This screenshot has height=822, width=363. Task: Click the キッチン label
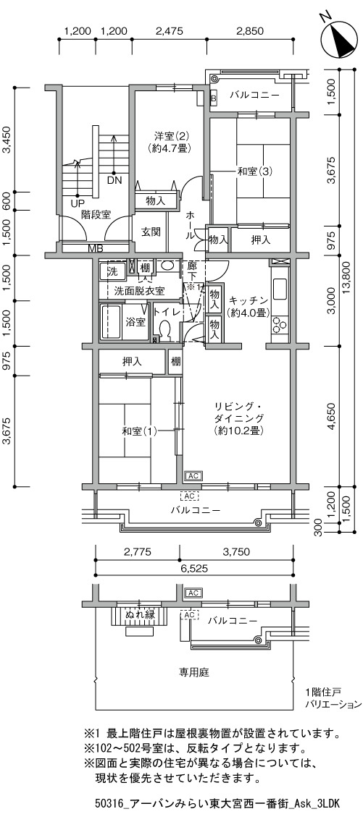[249, 300]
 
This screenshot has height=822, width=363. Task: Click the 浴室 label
[136, 322]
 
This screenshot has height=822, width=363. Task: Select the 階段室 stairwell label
[96, 214]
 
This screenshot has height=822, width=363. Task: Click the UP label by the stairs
[77, 203]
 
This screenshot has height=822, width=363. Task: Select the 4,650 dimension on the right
[332, 417]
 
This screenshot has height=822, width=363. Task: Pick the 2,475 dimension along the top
[169, 31]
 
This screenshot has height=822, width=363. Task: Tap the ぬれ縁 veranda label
[140, 614]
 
